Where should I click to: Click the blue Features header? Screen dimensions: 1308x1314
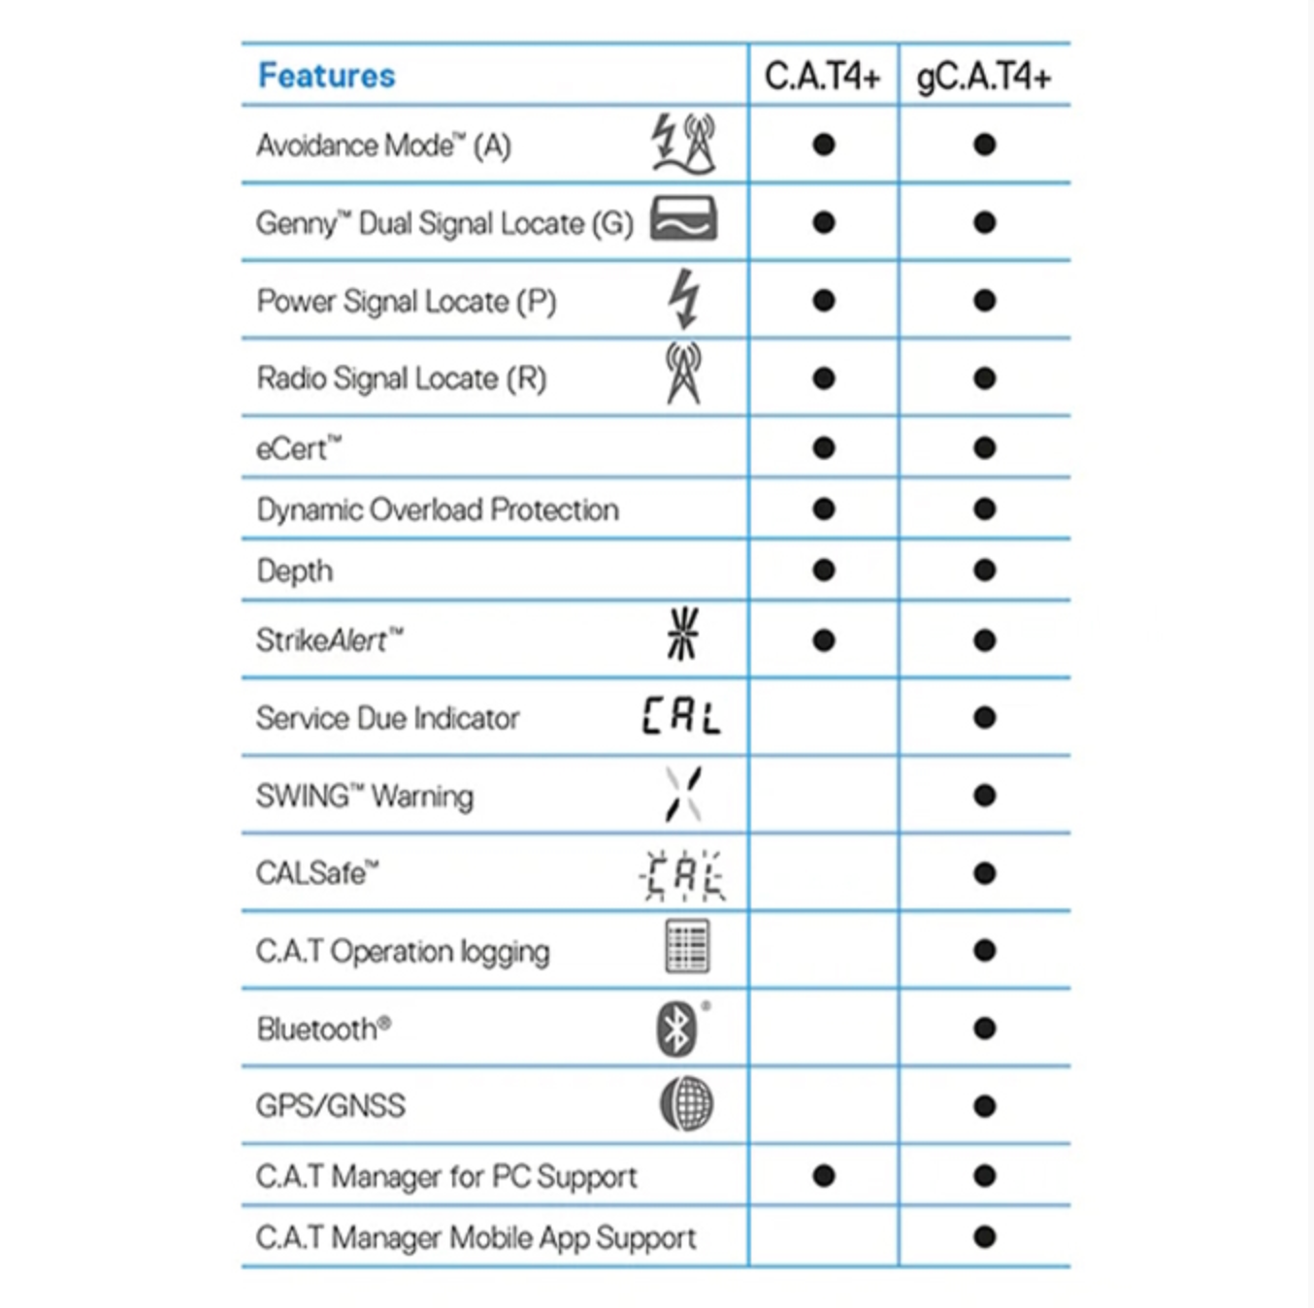[326, 76]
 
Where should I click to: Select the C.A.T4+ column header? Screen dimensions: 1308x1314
[822, 76]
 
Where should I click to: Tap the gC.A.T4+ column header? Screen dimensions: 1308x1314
[983, 77]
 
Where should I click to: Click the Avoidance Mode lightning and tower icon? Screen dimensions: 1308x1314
[683, 145]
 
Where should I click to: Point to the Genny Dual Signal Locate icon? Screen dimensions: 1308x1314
[683, 219]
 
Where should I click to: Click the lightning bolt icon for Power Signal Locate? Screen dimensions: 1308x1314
[684, 299]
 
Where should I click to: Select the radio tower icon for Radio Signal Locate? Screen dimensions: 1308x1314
[683, 374]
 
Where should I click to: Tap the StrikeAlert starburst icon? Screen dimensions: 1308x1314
[683, 634]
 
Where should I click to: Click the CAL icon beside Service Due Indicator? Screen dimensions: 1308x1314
[681, 716]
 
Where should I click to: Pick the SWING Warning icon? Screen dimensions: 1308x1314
[683, 794]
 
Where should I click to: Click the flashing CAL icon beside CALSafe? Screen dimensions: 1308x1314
[682, 875]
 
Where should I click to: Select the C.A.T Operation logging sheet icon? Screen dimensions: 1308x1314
[687, 947]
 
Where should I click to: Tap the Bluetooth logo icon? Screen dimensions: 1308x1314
[677, 1029]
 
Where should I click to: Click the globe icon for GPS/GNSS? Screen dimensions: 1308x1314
[686, 1104]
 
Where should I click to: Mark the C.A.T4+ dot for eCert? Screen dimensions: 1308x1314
[824, 448]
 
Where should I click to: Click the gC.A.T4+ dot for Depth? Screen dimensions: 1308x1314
[984, 570]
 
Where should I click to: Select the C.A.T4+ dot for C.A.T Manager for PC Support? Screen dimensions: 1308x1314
[824, 1176]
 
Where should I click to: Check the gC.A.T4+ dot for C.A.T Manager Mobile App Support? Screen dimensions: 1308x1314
[984, 1237]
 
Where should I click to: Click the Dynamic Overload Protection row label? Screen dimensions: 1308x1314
[437, 509]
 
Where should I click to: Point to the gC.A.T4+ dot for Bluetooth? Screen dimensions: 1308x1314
[984, 1029]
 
